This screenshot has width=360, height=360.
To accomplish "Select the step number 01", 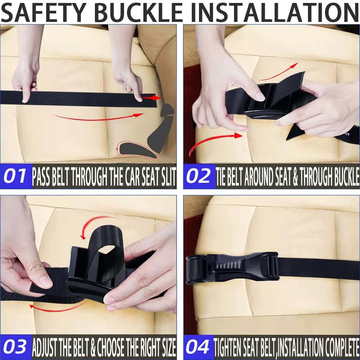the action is [x=15, y=176].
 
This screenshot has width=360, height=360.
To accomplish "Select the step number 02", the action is [x=198, y=176].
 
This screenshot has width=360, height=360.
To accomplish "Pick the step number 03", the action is [x=15, y=347].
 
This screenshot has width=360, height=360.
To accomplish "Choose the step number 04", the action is [x=197, y=347].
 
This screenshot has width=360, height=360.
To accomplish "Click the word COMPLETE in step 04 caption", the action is [x=342, y=347].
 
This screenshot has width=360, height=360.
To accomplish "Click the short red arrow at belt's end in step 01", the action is [x=151, y=98].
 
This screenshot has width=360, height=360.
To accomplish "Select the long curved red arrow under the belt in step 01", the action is [x=99, y=118].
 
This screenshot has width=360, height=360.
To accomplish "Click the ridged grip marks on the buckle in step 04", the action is [x=228, y=265].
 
